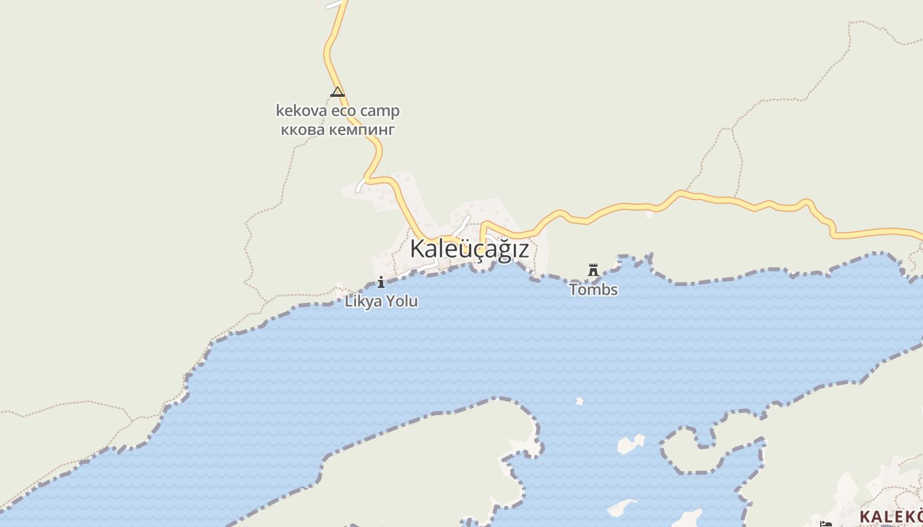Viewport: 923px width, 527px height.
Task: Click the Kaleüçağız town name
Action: [469, 249]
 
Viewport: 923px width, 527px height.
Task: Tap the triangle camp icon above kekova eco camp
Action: [338, 92]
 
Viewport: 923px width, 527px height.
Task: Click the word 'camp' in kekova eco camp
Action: [379, 111]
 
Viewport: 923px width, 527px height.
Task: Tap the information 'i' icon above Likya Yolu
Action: [381, 283]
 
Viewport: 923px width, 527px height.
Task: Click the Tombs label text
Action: [593, 289]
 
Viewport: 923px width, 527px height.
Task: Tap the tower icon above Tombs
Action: [593, 270]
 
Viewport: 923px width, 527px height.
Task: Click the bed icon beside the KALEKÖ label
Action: [825, 524]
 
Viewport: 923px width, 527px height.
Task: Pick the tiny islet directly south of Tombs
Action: [580, 401]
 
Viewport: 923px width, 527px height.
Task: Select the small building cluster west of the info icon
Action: [342, 290]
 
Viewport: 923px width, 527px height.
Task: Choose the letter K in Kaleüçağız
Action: [417, 249]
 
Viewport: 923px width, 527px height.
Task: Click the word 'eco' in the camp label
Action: [343, 111]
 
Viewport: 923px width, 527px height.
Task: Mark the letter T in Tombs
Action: [574, 289]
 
